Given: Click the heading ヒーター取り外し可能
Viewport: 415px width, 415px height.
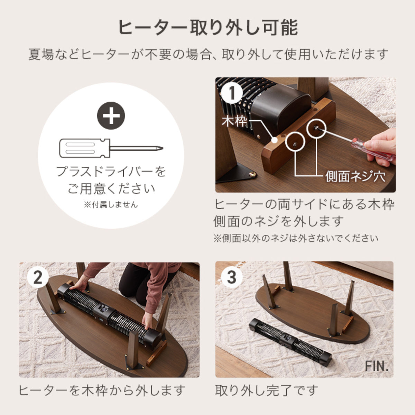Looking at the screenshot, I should [208, 28].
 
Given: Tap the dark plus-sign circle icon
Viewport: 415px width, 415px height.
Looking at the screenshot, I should [111, 116].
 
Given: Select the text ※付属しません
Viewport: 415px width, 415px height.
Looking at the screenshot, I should [111, 205].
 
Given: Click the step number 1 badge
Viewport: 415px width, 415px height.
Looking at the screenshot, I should [232, 93].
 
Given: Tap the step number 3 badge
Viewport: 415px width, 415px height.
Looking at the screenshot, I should [231, 277].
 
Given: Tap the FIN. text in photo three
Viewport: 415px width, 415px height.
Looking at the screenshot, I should [377, 366].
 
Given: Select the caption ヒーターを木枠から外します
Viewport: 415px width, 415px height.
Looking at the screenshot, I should [102, 390].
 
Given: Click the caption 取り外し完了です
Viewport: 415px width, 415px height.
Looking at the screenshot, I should [266, 390].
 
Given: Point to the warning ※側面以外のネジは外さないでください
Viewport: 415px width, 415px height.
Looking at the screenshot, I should [296, 238].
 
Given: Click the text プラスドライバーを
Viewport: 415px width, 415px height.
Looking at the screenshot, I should [111, 172].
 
